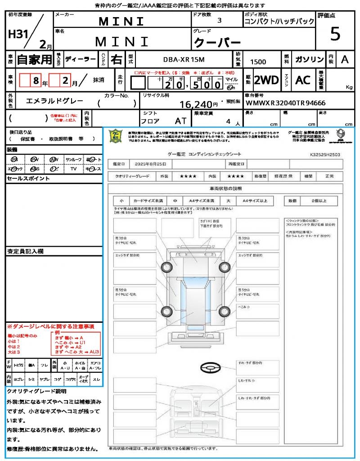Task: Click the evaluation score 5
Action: click(335, 34)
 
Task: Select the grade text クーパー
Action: click(217, 43)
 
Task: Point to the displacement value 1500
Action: click(258, 62)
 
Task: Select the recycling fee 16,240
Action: click(196, 105)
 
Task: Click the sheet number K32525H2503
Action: click(324, 154)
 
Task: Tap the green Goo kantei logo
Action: click(116, 136)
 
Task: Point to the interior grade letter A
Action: click(344, 59)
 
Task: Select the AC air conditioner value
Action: click(303, 80)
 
